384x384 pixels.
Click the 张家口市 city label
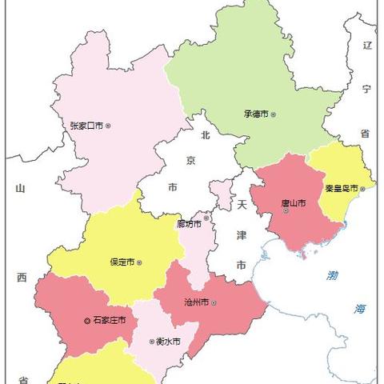point(87,125)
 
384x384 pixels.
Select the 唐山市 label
point(292,202)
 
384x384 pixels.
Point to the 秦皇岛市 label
point(342,189)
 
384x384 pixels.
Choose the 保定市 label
point(122,262)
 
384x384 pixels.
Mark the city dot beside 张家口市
point(109,125)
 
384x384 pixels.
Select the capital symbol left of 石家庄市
point(87,320)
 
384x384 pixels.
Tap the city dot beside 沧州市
point(214,302)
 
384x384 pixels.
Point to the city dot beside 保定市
point(140,262)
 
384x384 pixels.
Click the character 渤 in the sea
point(332,275)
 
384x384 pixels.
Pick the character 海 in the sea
point(361,308)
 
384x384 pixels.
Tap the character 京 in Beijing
point(190,161)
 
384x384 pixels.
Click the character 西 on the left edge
point(21,278)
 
